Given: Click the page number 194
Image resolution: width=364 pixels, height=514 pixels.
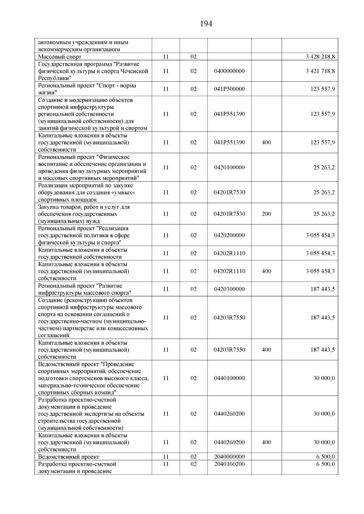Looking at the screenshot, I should point(206,24).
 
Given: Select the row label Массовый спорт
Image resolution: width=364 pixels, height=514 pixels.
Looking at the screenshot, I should point(60,57).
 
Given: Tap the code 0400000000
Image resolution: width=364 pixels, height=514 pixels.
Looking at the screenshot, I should point(229,71).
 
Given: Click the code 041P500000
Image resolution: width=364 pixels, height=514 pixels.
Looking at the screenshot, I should point(229,89).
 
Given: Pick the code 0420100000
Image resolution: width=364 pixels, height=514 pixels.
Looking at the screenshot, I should point(229,167).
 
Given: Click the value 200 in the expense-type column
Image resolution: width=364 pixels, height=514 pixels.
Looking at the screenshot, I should point(266,214).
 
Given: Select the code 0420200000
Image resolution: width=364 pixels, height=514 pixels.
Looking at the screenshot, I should point(229,235).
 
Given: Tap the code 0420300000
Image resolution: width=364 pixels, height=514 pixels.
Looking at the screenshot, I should point(229,289).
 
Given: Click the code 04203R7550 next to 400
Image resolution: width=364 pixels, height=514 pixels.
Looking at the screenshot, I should point(229,350).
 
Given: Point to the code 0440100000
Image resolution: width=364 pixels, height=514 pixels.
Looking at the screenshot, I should point(229,378).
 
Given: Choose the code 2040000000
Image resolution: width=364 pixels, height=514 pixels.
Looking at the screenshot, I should point(229,457).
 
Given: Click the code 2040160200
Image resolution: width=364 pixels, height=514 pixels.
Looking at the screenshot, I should point(229,464).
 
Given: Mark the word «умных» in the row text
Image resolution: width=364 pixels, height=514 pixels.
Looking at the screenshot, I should point(124,193).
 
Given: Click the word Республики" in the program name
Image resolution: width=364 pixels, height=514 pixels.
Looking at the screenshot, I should point(55,78).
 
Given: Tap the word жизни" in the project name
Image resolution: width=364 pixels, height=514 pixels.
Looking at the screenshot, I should point(48,93).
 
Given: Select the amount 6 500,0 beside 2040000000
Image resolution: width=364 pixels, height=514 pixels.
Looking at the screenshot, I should point(325,457).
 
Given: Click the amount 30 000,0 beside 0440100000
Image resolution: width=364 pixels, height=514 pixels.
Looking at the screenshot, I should point(324,378).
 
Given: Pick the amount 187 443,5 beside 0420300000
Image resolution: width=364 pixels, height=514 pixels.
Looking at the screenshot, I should point(322,289).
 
